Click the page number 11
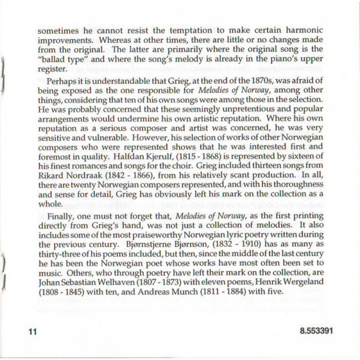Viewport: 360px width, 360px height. (31, 332)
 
